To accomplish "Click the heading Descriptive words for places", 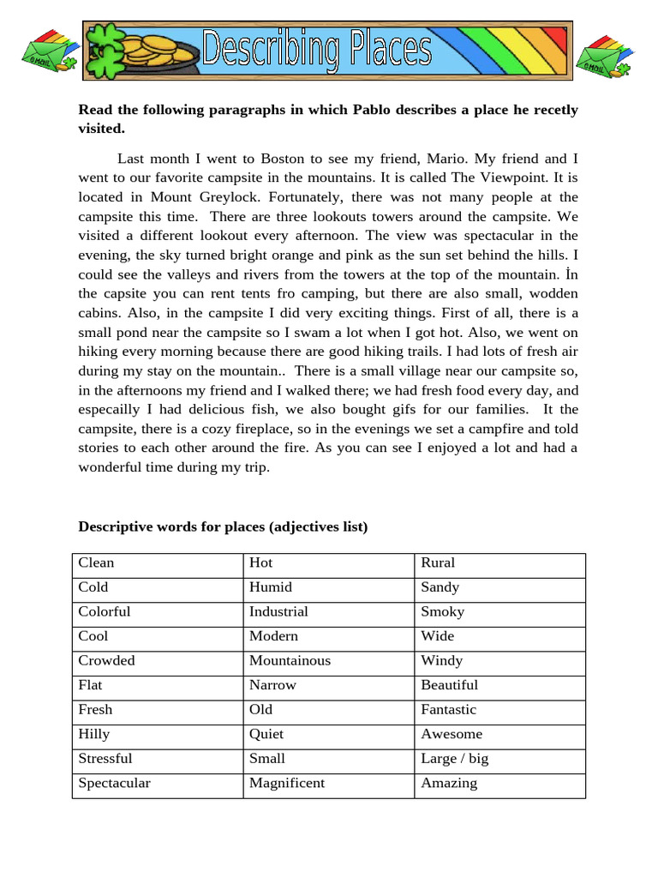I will click(x=223, y=526).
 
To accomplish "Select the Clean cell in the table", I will click(x=96, y=563).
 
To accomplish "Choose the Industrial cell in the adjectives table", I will click(x=278, y=612).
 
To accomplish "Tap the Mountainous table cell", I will click(x=290, y=661).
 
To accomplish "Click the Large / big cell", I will click(x=455, y=759).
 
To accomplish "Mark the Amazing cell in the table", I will click(x=449, y=783).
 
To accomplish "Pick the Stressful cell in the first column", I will click(x=105, y=759).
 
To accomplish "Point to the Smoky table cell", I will click(x=443, y=612).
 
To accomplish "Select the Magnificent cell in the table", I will click(x=287, y=783).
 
